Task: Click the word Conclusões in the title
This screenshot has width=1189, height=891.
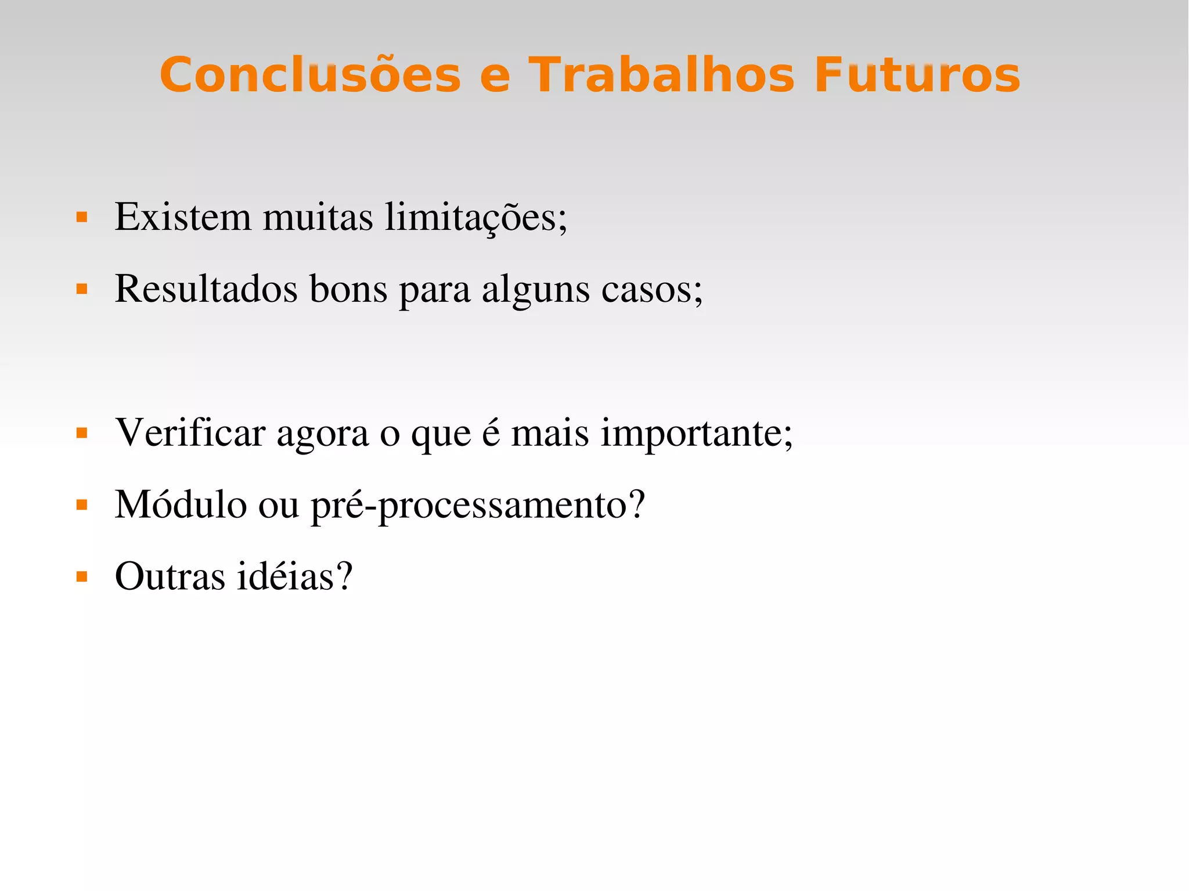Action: click(310, 75)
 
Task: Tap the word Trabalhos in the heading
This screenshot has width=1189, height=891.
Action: click(661, 75)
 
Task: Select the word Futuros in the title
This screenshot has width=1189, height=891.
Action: click(917, 75)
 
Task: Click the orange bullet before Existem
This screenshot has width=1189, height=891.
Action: click(82, 218)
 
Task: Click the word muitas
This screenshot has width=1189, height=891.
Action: click(318, 217)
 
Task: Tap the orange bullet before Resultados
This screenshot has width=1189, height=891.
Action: click(82, 289)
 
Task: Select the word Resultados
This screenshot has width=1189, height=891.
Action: click(206, 288)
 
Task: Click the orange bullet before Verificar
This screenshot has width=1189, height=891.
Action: click(82, 433)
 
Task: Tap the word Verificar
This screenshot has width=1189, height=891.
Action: click(190, 433)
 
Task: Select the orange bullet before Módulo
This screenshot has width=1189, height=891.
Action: click(82, 505)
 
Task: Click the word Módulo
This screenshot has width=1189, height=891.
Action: click(181, 504)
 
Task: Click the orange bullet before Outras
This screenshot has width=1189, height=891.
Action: click(82, 577)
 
